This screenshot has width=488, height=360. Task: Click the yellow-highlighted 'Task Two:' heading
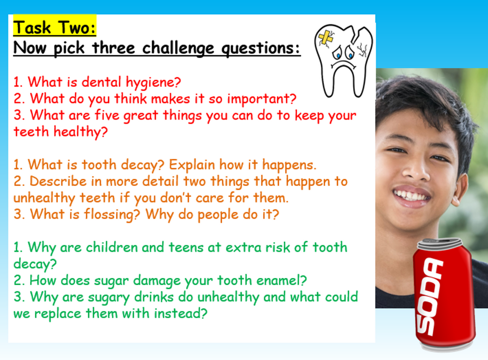point(54,28)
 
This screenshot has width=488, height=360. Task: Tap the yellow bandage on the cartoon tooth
point(326,39)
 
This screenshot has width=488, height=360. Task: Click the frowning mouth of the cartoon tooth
point(343,65)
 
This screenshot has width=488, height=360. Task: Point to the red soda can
point(443,296)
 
